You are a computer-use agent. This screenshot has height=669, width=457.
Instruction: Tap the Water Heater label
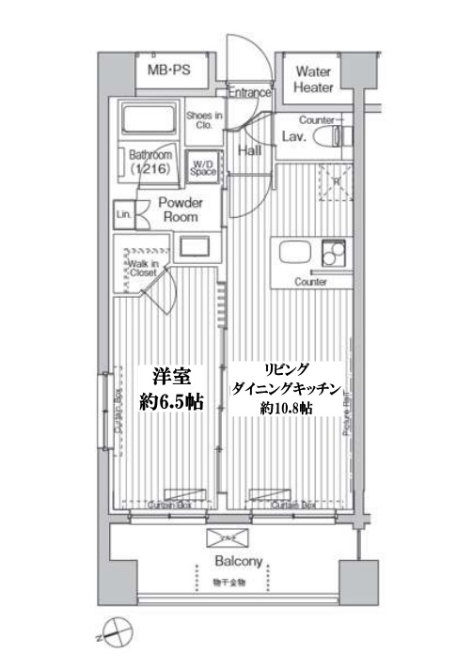point(314,79)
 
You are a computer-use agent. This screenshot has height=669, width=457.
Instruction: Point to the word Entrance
point(250,93)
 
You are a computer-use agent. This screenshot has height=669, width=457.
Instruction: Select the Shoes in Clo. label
point(204,120)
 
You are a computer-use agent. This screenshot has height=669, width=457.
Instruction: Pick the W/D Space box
point(203,166)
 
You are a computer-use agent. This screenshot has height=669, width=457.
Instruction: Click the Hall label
point(249,149)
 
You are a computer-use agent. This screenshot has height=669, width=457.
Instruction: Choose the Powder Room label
point(180,210)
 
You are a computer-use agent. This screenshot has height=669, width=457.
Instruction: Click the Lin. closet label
point(121,213)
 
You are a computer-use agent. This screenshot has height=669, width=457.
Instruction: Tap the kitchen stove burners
point(333,254)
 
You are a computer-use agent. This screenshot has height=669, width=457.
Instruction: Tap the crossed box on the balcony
point(228,537)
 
